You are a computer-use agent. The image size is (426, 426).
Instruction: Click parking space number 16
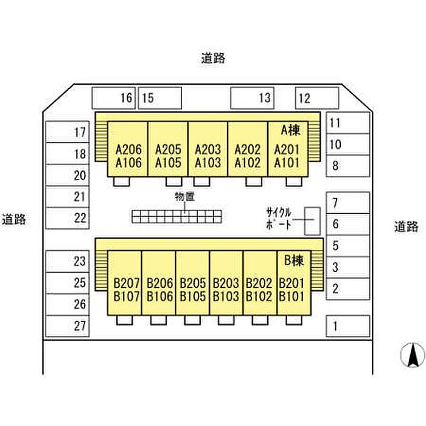[113, 97]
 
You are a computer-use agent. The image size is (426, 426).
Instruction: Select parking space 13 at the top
[252, 97]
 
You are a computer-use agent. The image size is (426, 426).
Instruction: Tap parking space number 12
[317, 97]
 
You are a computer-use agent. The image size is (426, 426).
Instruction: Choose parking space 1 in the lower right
[347, 327]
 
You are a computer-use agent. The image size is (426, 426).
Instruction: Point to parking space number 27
[68, 326]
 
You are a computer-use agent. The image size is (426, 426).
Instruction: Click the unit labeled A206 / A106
[128, 156]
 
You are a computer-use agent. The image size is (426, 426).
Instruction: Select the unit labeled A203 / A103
[208, 156]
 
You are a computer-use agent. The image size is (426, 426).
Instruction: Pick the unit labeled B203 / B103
[226, 290]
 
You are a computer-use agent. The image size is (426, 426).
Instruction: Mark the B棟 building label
[294, 261]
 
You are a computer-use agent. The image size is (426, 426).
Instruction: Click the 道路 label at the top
[213, 58]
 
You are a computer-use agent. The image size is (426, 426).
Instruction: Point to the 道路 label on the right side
[406, 226]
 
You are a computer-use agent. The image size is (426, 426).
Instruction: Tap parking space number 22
[68, 218]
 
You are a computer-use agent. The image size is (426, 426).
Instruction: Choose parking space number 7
[347, 203]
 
